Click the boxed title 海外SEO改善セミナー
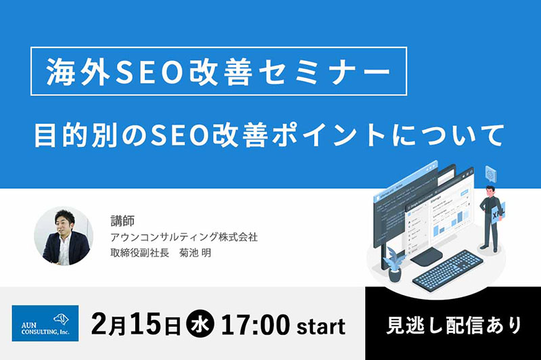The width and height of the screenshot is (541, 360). pos(218,72)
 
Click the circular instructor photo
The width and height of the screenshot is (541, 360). pos(64,236)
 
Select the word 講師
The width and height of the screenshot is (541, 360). pos(122,221)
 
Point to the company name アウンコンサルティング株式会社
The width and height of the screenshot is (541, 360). pos(184,237)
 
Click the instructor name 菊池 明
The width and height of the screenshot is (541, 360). pos(195,253)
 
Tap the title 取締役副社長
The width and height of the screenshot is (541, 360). pos(139,253)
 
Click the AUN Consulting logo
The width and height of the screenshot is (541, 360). pos(45,323)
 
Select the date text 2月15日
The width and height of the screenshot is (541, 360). pos(137,325)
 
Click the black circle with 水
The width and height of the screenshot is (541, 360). pos(200,325)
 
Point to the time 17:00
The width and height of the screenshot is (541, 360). pos(255,325)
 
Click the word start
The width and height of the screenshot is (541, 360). pos(321,327)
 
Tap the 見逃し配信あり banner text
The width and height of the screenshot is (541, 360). pos(454,325)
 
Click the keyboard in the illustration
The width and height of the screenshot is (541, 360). pos(448,268)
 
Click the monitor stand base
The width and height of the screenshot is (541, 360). pos(426,257)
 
